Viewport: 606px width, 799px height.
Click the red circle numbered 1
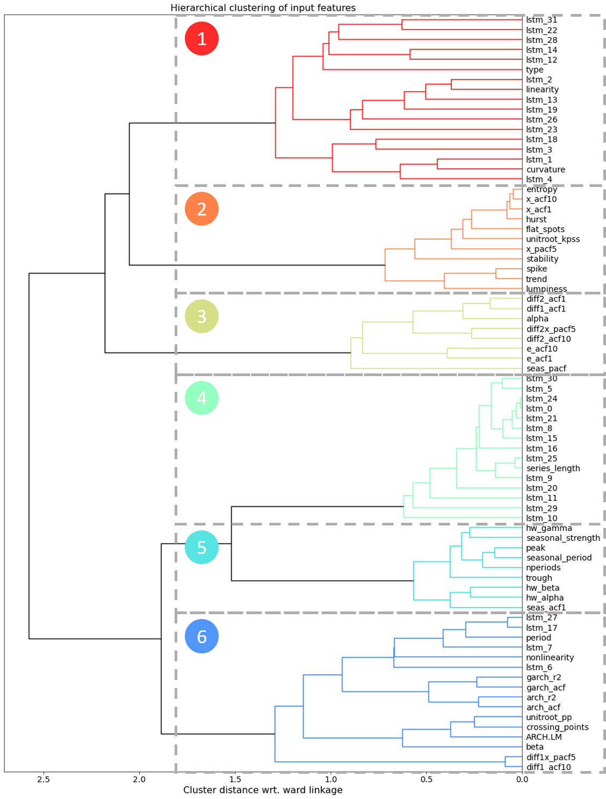(x=201, y=39)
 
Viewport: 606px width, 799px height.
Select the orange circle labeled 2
(x=201, y=209)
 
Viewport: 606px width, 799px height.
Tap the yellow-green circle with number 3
(x=201, y=316)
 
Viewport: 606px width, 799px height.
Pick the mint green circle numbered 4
(x=201, y=398)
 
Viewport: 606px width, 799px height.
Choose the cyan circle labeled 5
(x=201, y=548)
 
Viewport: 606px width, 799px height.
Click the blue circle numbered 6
(x=201, y=637)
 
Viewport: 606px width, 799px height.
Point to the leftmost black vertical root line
(x=29, y=457)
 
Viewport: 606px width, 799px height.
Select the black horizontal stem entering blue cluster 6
(x=226, y=734)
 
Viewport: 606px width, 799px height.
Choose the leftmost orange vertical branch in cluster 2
(x=385, y=265)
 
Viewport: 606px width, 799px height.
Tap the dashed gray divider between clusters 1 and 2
(x=349, y=185)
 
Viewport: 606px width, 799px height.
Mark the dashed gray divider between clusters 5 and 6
(x=349, y=613)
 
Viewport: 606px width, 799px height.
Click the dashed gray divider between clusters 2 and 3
(x=349, y=293)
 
